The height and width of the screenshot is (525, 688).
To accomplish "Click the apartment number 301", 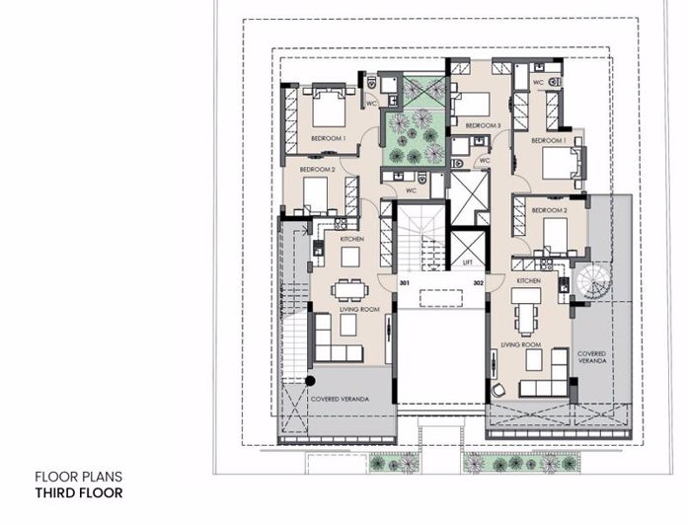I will click(x=405, y=283).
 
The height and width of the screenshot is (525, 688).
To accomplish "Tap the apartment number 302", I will click(x=478, y=283).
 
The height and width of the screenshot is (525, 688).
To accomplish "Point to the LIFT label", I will click(x=468, y=263).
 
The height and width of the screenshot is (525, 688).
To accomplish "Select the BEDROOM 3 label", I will click(x=483, y=126).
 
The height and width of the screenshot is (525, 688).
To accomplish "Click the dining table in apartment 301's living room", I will click(x=347, y=288).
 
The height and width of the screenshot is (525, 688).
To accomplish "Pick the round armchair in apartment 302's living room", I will click(x=498, y=390).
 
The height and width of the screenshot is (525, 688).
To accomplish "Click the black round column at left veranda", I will click(x=309, y=380).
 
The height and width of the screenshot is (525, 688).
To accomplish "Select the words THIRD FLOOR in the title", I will click(x=79, y=492).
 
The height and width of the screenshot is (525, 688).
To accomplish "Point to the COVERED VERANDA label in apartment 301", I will click(x=339, y=399).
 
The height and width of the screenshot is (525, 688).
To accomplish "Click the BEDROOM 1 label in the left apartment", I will click(x=328, y=139).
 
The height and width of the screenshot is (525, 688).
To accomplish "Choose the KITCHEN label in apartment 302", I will click(x=528, y=281).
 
